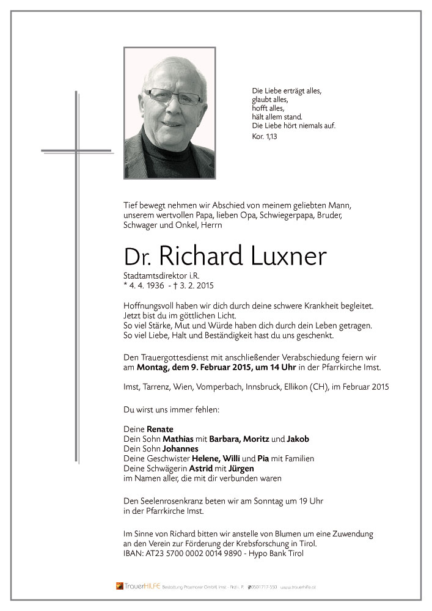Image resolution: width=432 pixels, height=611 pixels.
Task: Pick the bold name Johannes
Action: point(181,448)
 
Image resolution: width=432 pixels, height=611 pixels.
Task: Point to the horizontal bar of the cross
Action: point(76,150)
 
